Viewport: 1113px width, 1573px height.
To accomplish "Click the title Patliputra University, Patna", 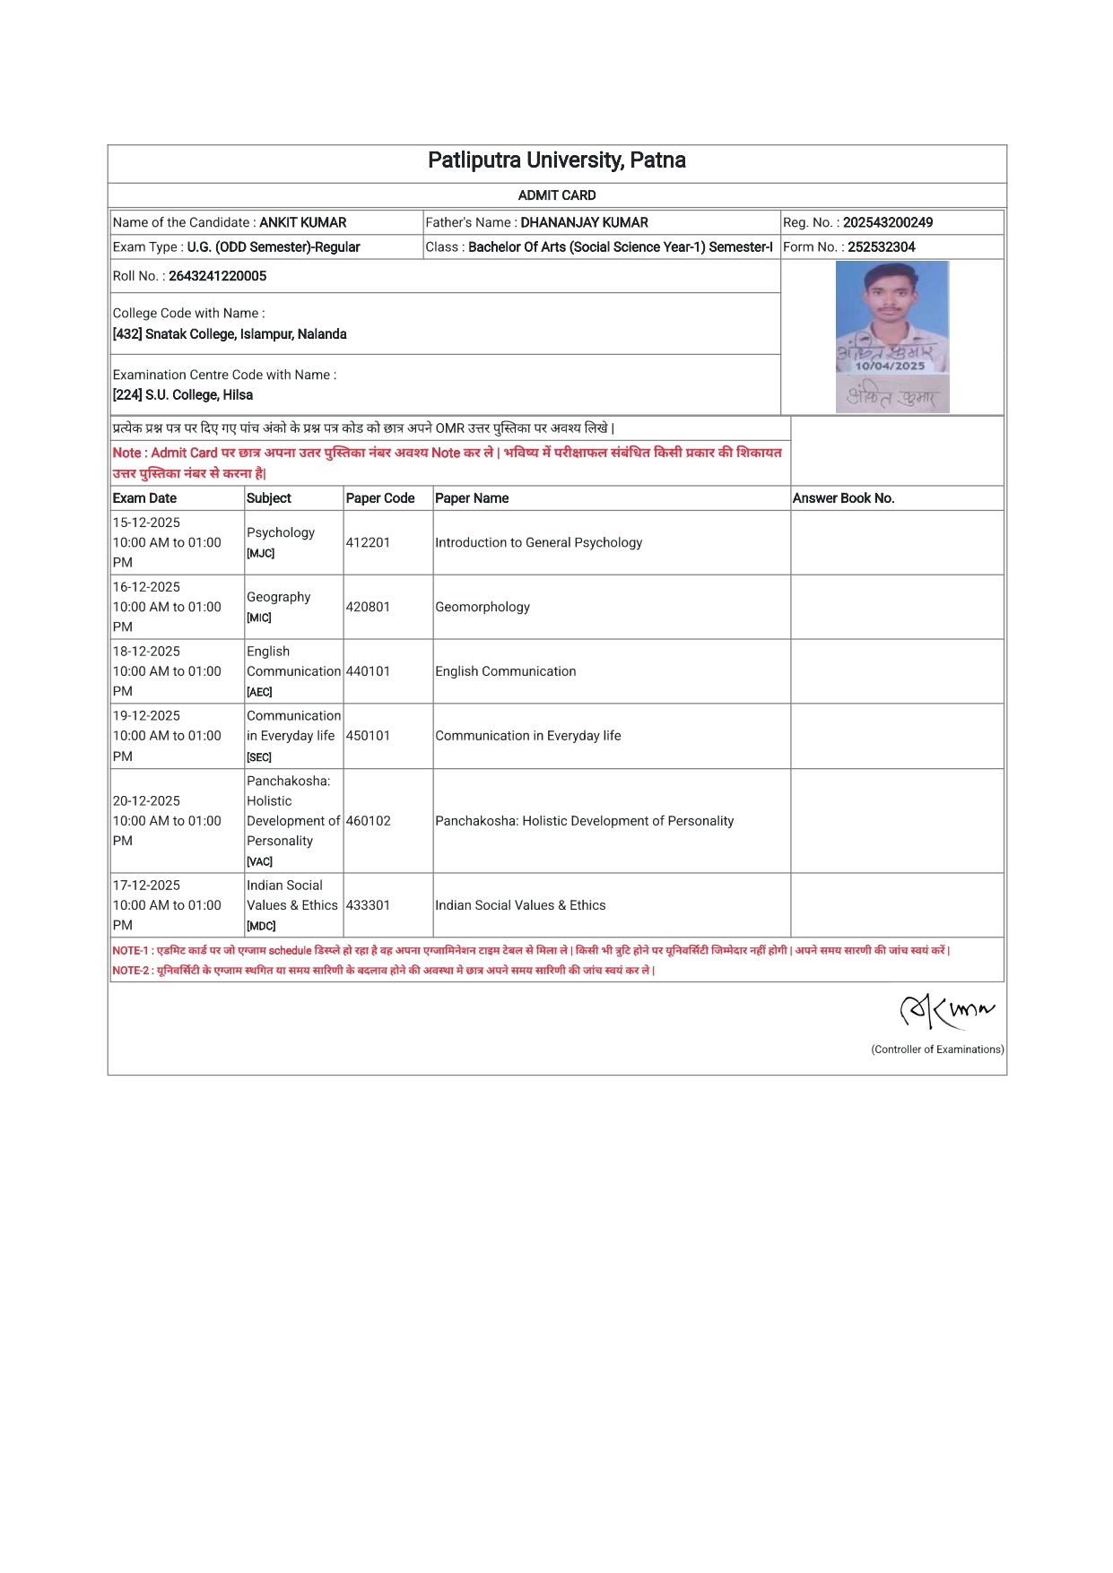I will coord(556,160).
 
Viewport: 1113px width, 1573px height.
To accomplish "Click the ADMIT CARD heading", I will coord(556,195).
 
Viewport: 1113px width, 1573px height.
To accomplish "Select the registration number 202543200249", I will coord(887,222).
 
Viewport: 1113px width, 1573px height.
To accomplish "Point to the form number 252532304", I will coord(881,246).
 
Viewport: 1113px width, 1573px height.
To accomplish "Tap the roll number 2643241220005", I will coord(217,276).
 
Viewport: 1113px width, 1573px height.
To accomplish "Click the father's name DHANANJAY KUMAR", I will coord(584,222).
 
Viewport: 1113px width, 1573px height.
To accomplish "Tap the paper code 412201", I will coord(368,542).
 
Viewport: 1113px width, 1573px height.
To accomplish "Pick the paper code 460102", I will coord(368,821).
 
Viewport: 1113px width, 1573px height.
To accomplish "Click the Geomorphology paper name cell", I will coord(483,607).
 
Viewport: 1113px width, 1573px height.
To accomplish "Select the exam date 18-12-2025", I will coord(146,652).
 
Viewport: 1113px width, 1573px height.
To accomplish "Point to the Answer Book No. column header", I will coord(843,498).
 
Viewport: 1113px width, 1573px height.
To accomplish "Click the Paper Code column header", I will coord(380,498).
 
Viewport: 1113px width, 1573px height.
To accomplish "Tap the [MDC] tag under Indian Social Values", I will coord(261,926).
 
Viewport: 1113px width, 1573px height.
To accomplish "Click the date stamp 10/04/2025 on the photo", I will coord(890,366).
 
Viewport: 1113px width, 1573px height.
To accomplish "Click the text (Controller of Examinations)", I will coord(937,1050).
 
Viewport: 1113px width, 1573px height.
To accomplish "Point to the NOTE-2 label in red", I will coord(130,971).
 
